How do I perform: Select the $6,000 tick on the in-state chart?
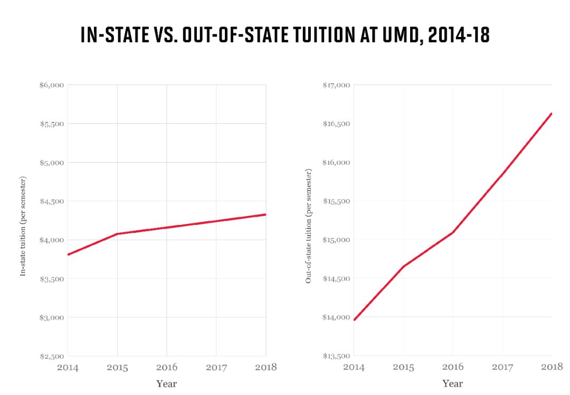[52, 85]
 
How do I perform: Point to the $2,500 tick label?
[52, 356]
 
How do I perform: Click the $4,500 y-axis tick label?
[52, 201]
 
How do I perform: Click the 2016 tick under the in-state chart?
[167, 368]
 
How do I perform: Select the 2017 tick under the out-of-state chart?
[502, 368]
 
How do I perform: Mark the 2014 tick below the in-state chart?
[68, 368]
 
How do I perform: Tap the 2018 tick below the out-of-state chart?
[552, 368]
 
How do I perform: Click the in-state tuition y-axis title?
[23, 225]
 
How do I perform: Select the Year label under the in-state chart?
[167, 384]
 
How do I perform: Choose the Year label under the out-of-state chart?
[453, 384]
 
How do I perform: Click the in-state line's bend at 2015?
[117, 233]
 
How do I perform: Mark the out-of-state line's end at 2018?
[552, 114]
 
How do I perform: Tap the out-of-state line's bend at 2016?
[453, 232]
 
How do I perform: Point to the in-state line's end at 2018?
[265, 214]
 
